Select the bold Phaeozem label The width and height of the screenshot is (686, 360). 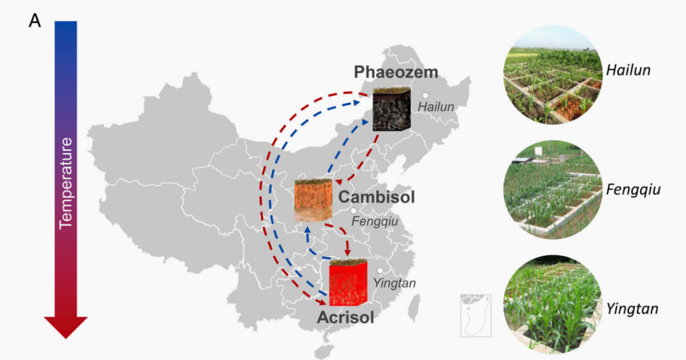396,72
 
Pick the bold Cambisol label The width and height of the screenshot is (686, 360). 376,197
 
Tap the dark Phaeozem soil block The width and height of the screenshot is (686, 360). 391,110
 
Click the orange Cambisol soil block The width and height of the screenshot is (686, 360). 313,200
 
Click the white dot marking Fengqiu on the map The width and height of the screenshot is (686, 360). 354,211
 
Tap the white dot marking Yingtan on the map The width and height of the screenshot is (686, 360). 380,271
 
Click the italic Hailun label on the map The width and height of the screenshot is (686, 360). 436,107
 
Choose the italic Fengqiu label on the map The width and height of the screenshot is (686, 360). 374,222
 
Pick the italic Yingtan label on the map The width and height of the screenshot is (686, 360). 394,283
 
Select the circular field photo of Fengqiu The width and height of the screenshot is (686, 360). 552,189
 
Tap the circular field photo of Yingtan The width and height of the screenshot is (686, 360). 552,304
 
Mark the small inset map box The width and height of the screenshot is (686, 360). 476,315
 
